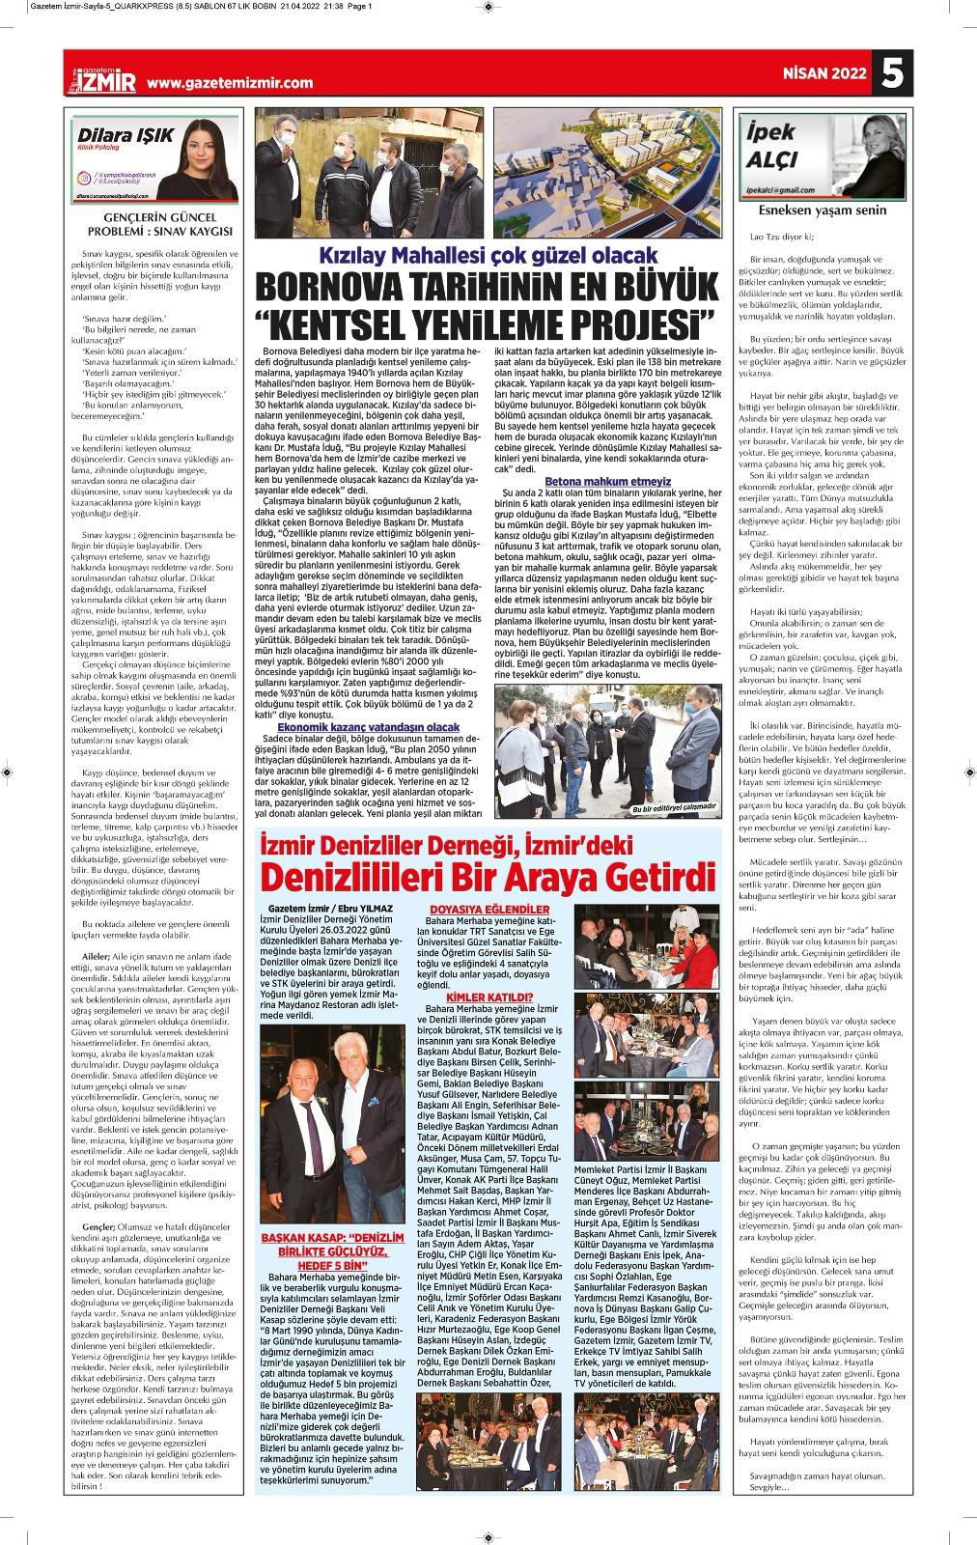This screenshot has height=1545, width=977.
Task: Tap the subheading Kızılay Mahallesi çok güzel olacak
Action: pyautogui.click(x=491, y=256)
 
